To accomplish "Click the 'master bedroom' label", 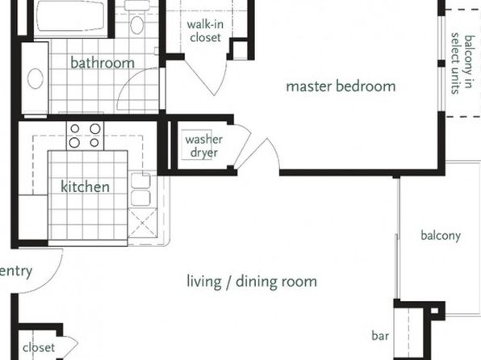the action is point(341,86).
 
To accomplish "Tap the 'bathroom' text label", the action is point(102,63).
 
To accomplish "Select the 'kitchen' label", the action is point(85,186).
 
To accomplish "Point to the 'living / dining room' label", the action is point(252,282).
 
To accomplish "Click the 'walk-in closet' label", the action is point(205,31).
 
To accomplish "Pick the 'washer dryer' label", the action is point(204,146).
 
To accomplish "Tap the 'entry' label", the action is point(16,271).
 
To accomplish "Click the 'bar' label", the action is point(380,336).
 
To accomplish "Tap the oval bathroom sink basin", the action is point(36,78).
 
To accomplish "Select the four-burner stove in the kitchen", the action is point(85,136).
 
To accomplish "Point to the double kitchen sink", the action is point(140,190).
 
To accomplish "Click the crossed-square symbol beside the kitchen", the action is point(143,223).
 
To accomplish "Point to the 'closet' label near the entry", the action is point(39,348).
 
